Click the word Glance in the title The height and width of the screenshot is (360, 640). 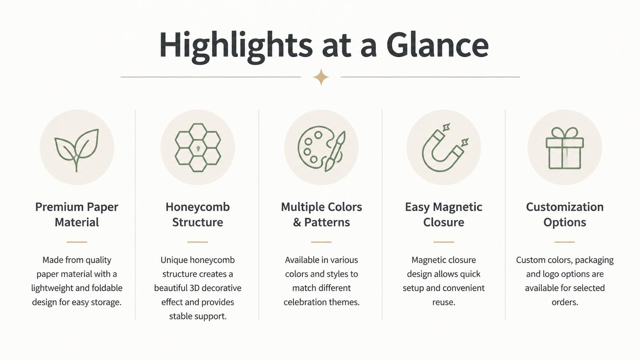point(438,45)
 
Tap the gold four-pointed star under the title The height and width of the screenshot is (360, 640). point(321,77)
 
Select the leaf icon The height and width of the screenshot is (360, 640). point(77,150)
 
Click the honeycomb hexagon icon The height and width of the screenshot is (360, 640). point(198,148)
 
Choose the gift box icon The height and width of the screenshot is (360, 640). point(565,148)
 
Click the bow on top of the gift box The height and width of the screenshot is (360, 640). point(565,133)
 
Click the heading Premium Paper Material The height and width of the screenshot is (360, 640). point(77,214)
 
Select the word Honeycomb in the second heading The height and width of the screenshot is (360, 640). point(198,207)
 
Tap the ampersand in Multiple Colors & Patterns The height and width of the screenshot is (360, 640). point(297,222)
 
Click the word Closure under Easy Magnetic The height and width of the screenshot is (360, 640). point(444,222)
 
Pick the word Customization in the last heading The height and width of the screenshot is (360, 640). point(565,207)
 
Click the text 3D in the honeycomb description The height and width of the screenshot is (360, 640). point(195,288)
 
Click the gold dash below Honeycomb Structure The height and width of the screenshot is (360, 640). point(198,242)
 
